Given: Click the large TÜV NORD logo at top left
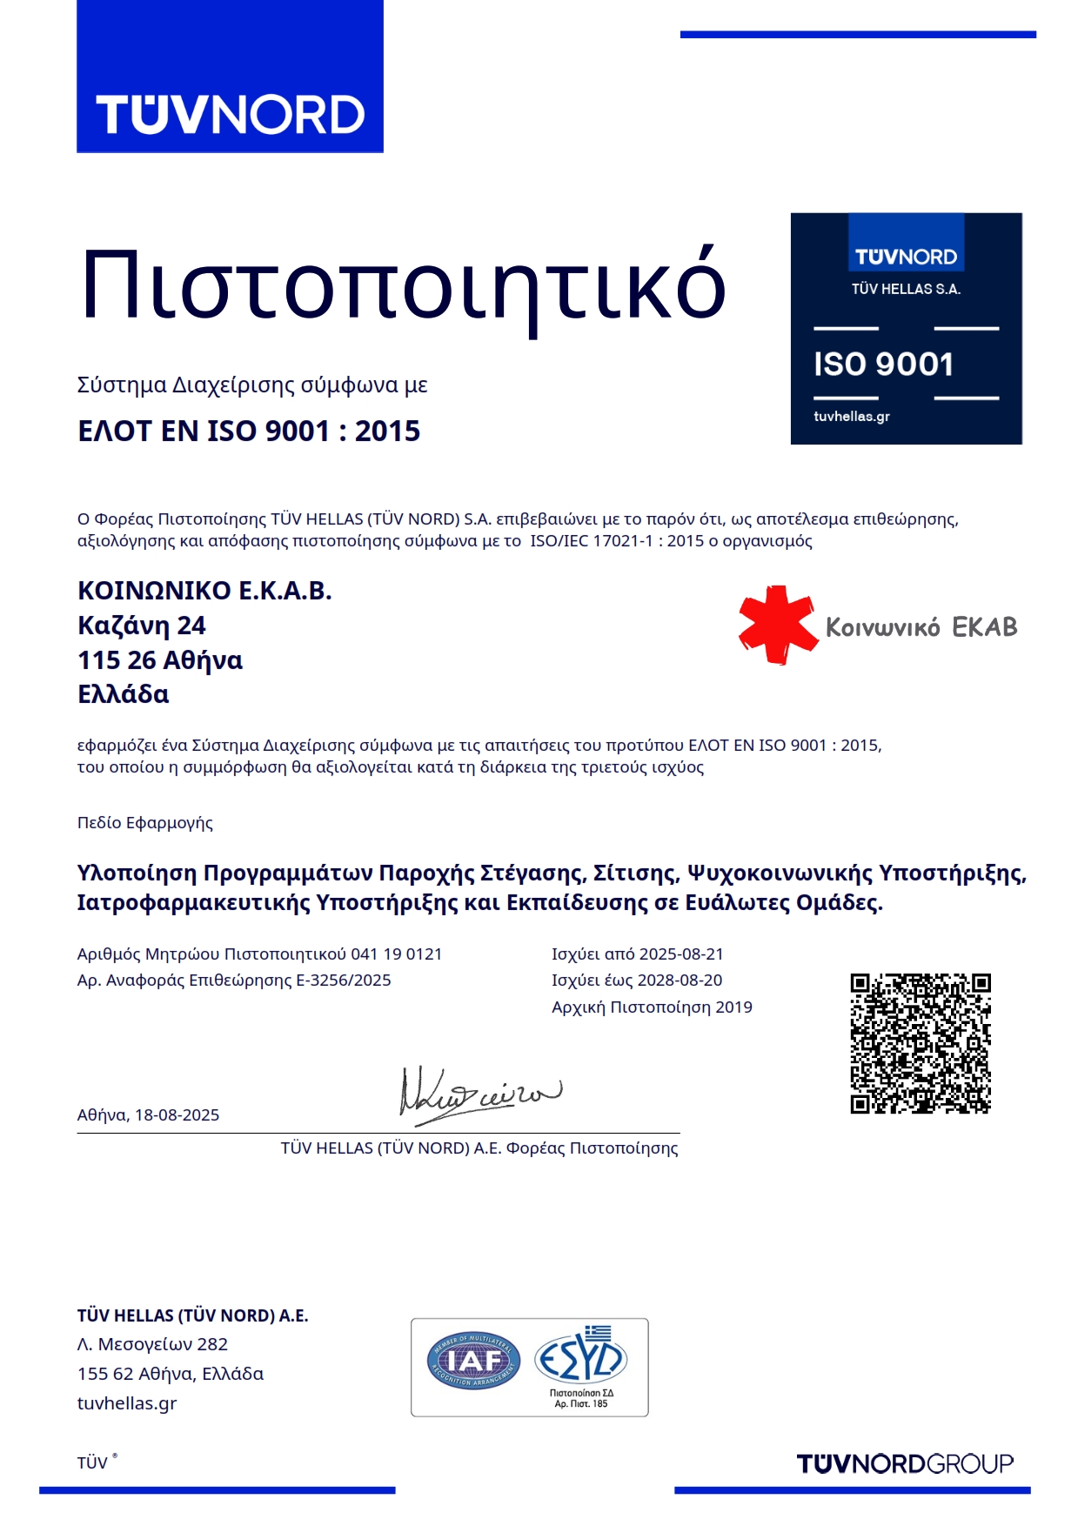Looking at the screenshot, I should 230,115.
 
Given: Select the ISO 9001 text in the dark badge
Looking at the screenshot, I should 883,365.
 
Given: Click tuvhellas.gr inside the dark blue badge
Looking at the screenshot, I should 851,417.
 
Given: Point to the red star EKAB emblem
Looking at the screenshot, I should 777,625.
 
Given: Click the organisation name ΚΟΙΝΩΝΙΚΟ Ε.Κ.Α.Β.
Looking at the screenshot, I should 204,591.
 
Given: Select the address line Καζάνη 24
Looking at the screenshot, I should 142,626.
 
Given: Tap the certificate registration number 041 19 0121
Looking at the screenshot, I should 396,954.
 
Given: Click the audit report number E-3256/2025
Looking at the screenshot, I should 344,981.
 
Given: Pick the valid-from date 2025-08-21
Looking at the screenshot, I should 681,954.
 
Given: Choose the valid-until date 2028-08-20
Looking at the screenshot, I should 680,981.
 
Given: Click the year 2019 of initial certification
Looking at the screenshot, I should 733,1007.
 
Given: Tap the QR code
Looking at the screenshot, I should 921,1043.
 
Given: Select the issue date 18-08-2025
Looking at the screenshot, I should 177,1115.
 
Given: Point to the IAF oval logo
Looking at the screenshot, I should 473,1361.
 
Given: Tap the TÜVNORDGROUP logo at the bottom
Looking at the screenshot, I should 905,1464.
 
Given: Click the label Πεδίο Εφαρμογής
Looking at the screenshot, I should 145,823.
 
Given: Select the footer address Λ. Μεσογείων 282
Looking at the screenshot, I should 152,1344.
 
